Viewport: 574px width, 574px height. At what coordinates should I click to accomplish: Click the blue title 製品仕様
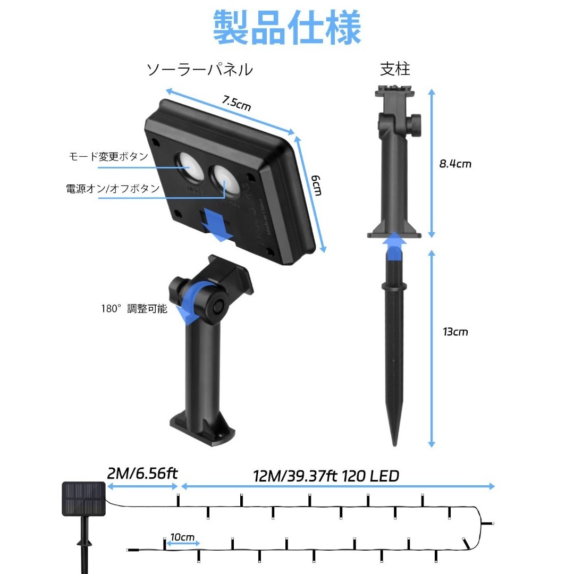click(x=287, y=28)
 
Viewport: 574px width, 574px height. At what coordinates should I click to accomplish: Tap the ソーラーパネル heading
click(x=200, y=70)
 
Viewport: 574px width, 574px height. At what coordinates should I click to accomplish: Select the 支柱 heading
click(x=395, y=69)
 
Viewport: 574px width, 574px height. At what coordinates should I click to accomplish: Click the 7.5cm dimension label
click(x=237, y=103)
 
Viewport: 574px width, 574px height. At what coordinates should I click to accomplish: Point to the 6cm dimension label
click(x=317, y=185)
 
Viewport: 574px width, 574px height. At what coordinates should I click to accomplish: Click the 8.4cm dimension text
click(x=455, y=164)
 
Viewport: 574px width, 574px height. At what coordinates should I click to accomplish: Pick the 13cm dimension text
click(x=455, y=332)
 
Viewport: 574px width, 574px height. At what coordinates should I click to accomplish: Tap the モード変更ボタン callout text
click(x=108, y=156)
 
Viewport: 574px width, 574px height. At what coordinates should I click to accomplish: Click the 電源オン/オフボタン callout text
click(x=113, y=189)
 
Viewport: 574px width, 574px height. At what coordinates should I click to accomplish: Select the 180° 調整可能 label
click(x=134, y=309)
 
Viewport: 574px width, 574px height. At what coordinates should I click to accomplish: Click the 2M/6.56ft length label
click(x=142, y=474)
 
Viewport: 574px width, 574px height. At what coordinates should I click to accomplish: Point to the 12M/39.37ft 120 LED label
click(x=326, y=476)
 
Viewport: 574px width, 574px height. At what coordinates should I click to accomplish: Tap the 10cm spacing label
click(x=182, y=537)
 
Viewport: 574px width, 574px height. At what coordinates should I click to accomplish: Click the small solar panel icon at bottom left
click(x=84, y=499)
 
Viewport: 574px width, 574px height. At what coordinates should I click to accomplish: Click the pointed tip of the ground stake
click(x=394, y=445)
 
